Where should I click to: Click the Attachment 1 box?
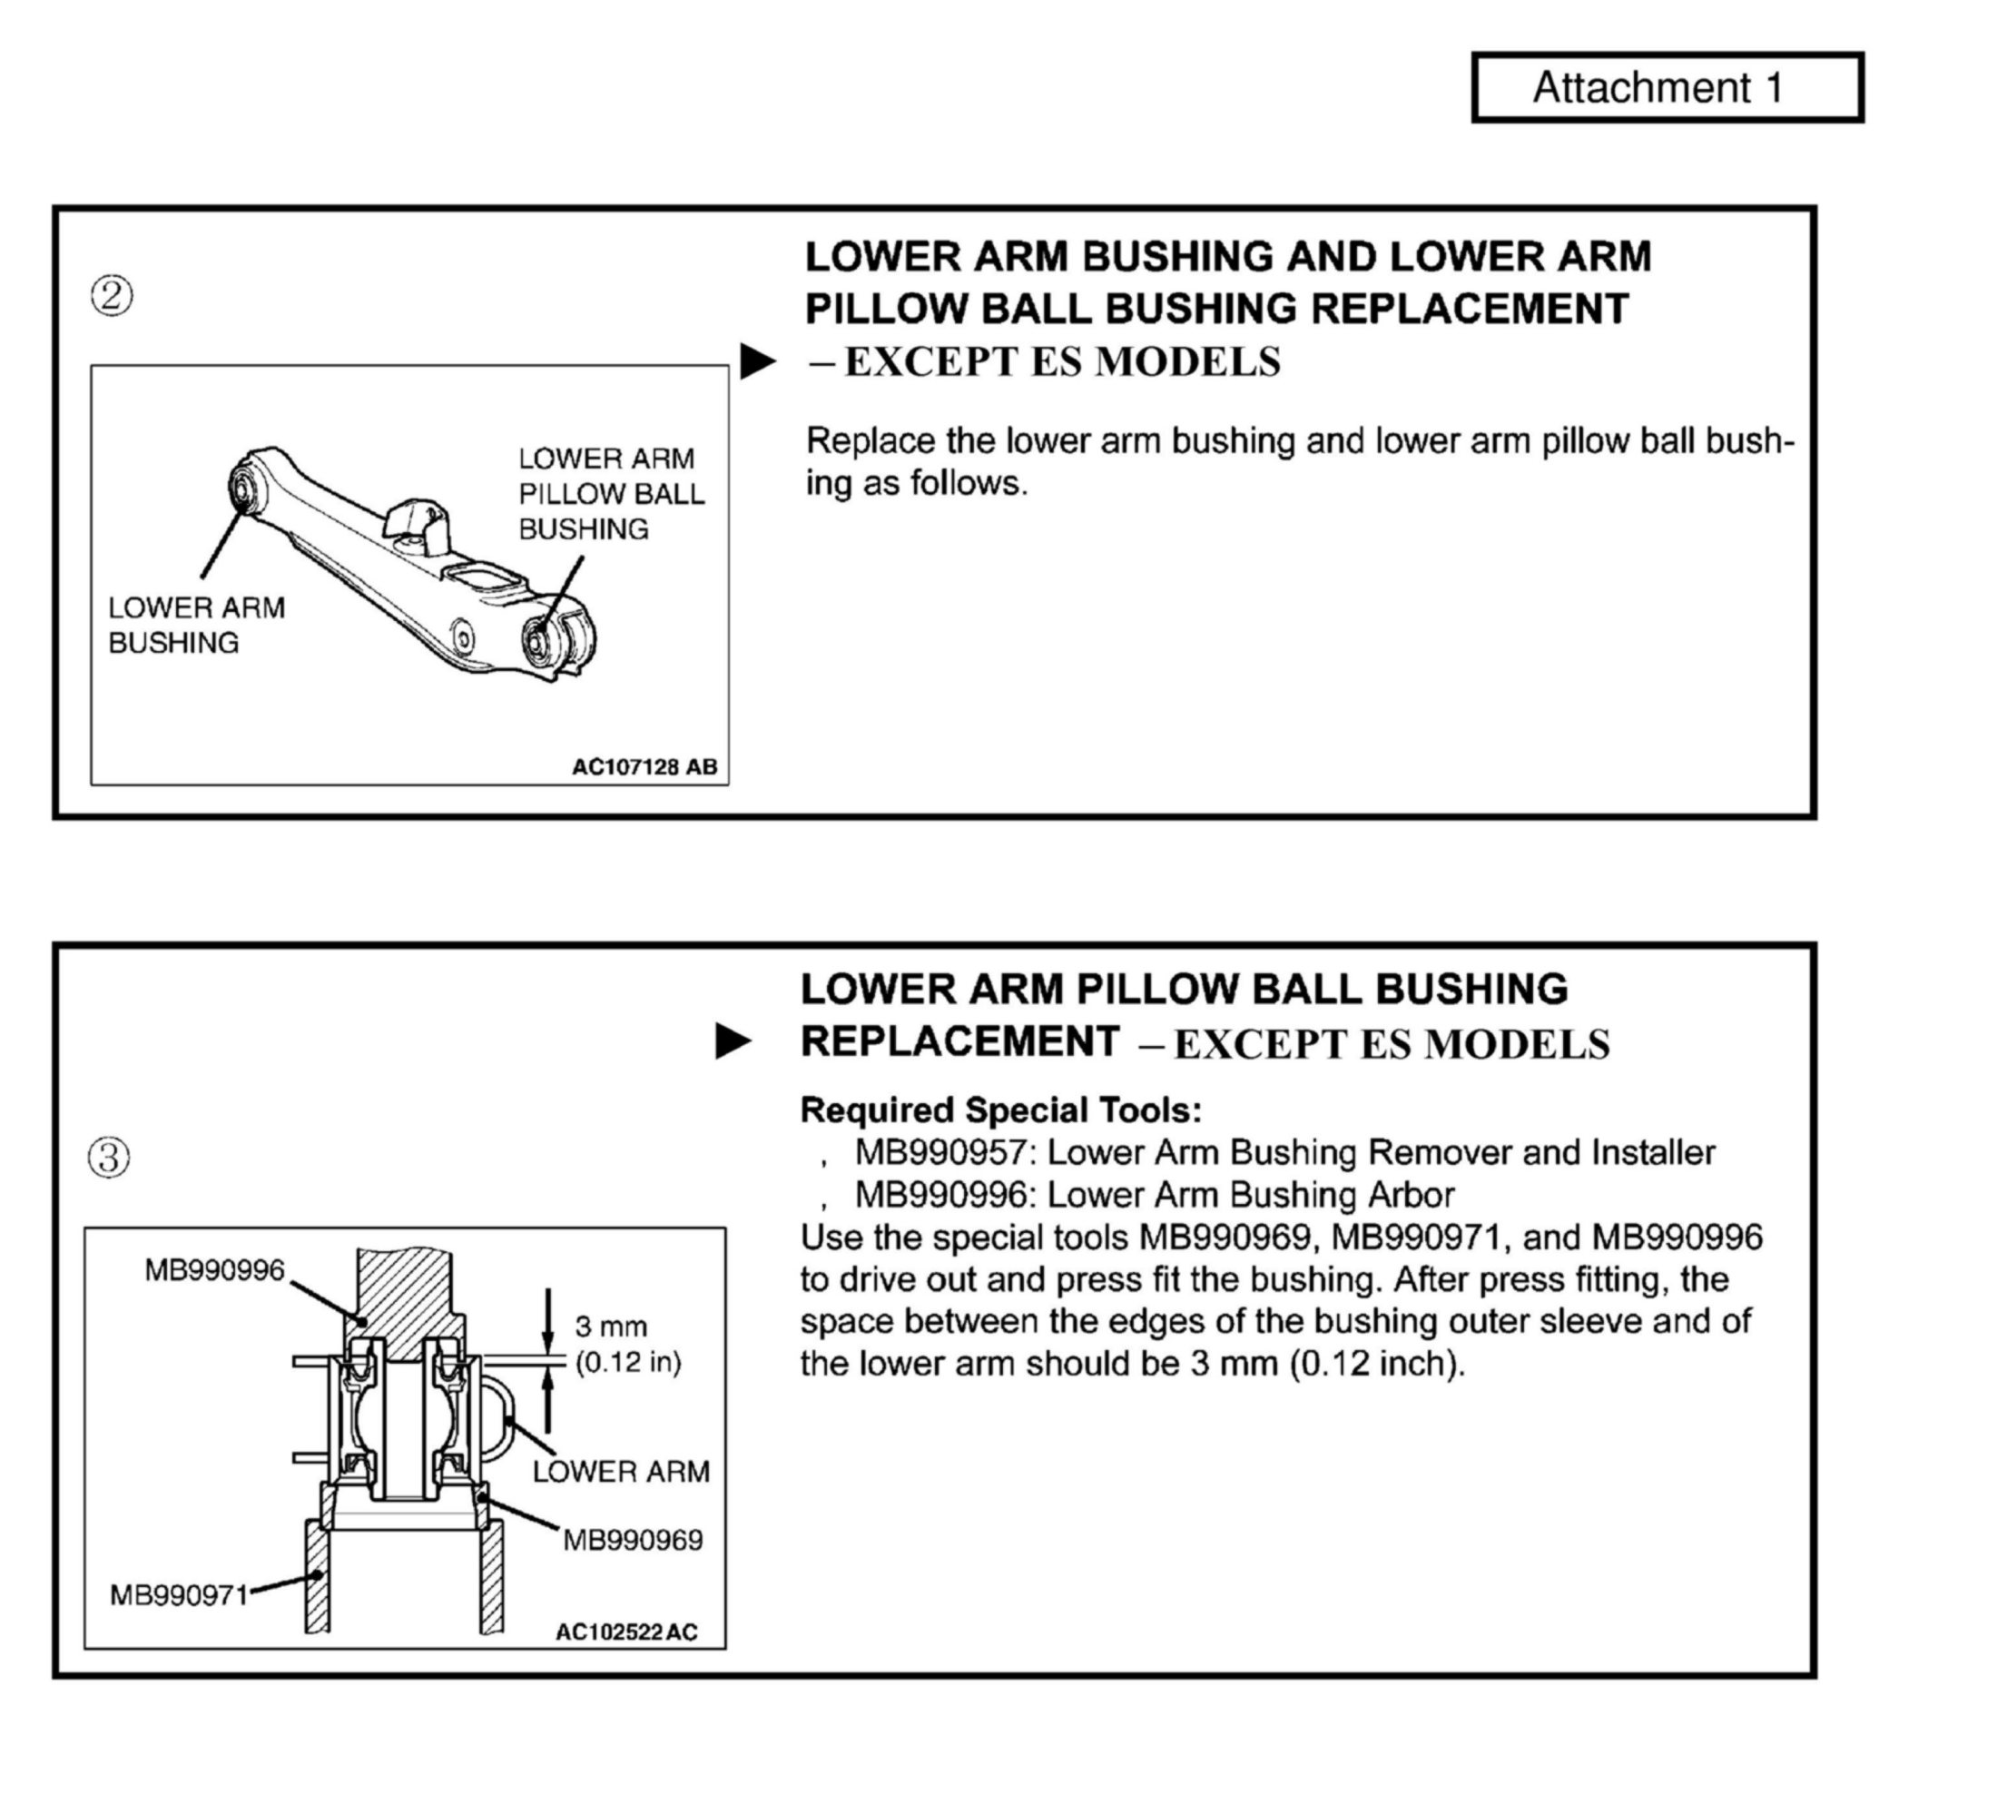(1667, 88)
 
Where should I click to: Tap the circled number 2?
(112, 295)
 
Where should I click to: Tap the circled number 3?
(109, 1156)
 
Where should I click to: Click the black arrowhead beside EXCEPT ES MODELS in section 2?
(757, 361)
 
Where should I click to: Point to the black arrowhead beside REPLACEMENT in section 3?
(733, 1041)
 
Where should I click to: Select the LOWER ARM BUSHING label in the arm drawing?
(196, 625)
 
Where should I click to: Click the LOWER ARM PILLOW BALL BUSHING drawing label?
(610, 493)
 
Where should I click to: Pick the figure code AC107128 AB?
(644, 766)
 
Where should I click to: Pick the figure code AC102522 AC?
(626, 1632)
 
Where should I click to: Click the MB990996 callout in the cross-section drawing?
(214, 1270)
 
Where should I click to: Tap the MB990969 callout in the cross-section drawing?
(632, 1540)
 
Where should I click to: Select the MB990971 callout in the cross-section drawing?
(179, 1594)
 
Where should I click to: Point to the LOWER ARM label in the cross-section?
(620, 1472)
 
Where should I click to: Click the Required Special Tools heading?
(1000, 1110)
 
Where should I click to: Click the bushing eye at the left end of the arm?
(241, 488)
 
